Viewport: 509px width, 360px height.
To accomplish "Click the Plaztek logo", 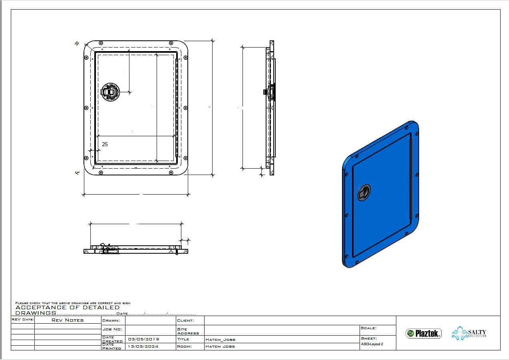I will [424, 333].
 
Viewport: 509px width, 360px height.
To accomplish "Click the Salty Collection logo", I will [469, 334].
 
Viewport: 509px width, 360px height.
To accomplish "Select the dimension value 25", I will [105, 144].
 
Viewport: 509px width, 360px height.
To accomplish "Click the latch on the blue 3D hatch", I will [364, 193].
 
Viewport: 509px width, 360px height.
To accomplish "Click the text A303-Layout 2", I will [372, 344].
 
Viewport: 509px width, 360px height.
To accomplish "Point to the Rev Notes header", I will [68, 320].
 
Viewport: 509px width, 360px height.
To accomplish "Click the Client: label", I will [185, 320].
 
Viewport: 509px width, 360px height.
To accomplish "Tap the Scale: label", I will [368, 328].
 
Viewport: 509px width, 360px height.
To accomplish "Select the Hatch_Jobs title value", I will [220, 340].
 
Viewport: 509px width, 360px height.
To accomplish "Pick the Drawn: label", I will [111, 320].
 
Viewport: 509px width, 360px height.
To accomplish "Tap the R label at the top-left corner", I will [76, 44].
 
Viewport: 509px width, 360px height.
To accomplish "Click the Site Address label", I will [188, 331].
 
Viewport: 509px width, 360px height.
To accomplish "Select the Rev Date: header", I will [23, 319].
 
